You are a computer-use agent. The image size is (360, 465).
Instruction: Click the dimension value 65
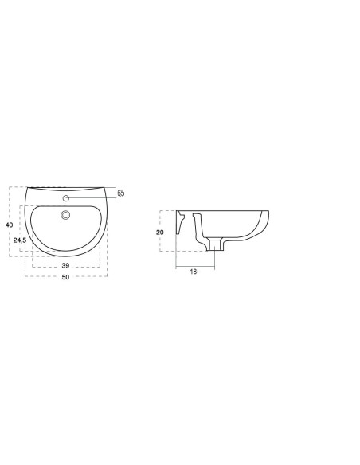coord(121,193)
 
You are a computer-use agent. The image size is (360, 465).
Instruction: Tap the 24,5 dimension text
coord(21,240)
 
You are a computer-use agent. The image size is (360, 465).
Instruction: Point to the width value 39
coord(65,264)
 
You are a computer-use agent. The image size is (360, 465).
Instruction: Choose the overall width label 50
coord(66,277)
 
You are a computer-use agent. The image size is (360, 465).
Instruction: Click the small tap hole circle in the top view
coord(67,196)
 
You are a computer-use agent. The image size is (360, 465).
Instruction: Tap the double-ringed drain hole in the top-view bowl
coord(67,213)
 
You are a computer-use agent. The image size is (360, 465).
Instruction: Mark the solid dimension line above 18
coord(193,265)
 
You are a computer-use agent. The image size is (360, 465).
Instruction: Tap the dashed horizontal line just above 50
coord(66,272)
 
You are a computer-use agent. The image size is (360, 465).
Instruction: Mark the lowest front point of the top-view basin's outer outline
coord(67,256)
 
